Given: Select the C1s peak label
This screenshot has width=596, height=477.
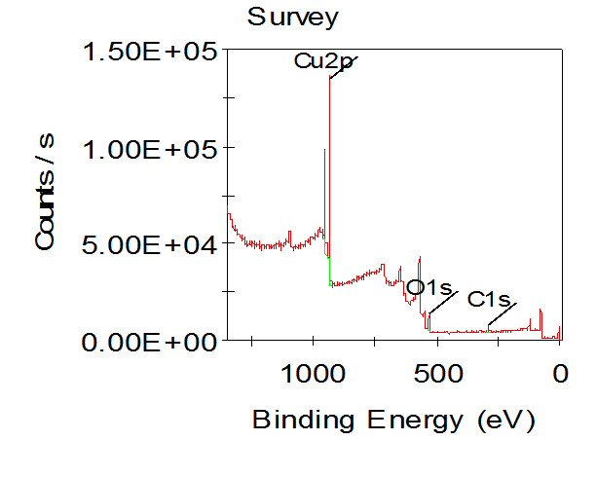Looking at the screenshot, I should point(489,299).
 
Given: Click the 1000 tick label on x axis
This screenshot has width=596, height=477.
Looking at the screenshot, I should point(314,374).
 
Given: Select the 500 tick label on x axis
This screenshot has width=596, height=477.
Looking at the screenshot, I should point(437,374).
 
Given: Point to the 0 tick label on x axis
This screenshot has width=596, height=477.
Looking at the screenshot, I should point(560,374).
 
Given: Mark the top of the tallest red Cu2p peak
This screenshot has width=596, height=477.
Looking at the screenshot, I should point(330,77).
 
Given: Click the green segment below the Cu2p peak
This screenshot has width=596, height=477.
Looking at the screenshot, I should point(330,272).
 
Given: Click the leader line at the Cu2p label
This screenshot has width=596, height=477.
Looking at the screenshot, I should point(344,67).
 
